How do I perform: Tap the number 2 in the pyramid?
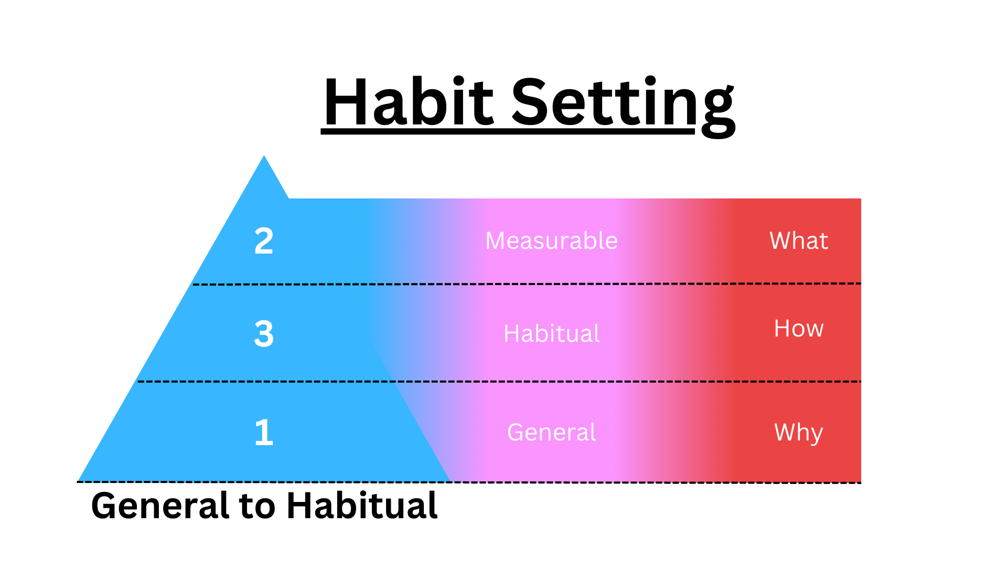264,241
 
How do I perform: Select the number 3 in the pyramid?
264,333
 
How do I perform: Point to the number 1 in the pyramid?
264,433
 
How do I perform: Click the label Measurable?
551,241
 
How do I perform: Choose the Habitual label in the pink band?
551,333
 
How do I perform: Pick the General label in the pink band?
551,433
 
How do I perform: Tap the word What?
798,241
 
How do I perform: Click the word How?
798,329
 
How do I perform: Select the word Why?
798,433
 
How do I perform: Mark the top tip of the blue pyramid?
264,157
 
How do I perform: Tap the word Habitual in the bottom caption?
362,506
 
